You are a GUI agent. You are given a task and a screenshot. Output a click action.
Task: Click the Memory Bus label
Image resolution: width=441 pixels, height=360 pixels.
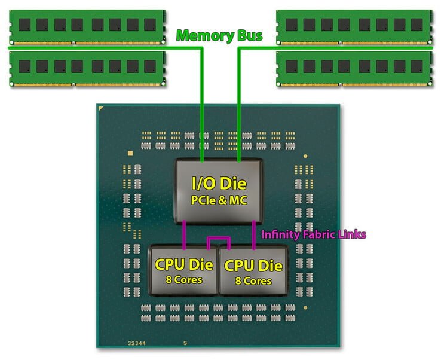(x=219, y=36)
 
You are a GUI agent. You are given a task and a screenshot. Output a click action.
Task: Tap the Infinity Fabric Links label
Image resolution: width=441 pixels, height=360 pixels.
(x=313, y=234)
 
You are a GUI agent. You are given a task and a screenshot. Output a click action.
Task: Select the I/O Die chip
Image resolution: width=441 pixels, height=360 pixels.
(x=218, y=190)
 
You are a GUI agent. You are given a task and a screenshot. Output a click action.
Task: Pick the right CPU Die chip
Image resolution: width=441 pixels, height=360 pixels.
(x=253, y=270)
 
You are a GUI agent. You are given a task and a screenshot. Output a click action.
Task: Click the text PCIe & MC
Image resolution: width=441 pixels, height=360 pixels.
(x=219, y=200)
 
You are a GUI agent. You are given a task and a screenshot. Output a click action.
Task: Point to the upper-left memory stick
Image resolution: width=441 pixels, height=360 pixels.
(x=87, y=25)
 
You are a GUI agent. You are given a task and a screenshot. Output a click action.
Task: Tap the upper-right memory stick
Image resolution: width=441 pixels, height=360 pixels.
(x=354, y=25)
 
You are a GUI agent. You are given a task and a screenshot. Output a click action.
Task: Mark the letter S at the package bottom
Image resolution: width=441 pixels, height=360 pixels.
(x=185, y=344)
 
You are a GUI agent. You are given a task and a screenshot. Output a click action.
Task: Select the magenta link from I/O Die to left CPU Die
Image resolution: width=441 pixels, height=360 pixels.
(x=185, y=233)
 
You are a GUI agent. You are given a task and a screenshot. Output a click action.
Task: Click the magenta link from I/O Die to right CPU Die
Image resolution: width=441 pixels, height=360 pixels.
(x=255, y=233)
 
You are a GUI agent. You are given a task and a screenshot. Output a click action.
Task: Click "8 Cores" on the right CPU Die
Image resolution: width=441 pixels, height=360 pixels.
(x=254, y=280)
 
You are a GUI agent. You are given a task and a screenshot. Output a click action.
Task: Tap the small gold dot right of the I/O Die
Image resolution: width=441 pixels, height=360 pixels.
(x=305, y=156)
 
